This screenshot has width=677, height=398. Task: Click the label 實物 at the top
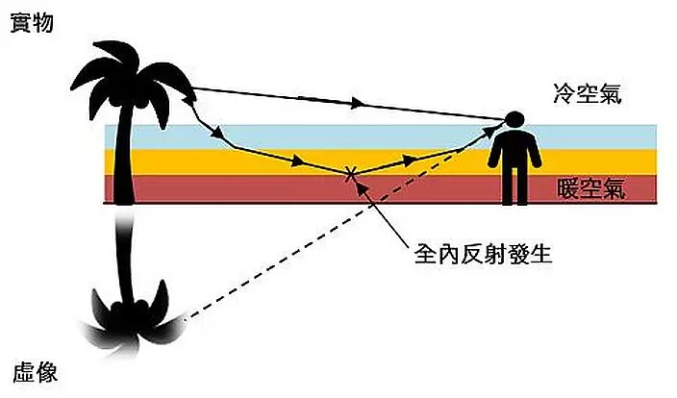31,23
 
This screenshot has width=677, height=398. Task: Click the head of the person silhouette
514,121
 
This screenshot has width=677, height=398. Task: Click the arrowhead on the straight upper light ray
358,103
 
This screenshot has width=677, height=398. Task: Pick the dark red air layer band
288,189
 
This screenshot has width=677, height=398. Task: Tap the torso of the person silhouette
514,150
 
